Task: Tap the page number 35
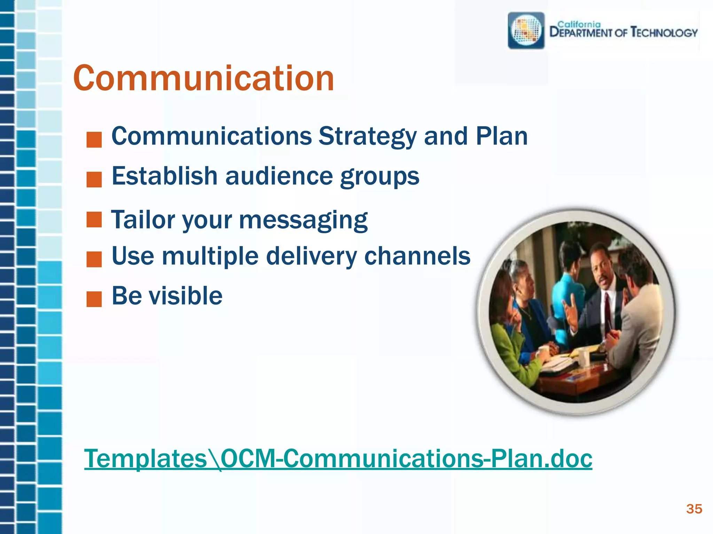(694, 509)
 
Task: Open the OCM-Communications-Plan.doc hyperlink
(338, 459)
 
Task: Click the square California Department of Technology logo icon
(526, 31)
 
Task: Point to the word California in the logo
(579, 24)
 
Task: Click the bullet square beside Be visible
(94, 299)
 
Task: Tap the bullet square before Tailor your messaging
(94, 220)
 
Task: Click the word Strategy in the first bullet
(367, 136)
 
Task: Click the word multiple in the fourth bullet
(210, 256)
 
